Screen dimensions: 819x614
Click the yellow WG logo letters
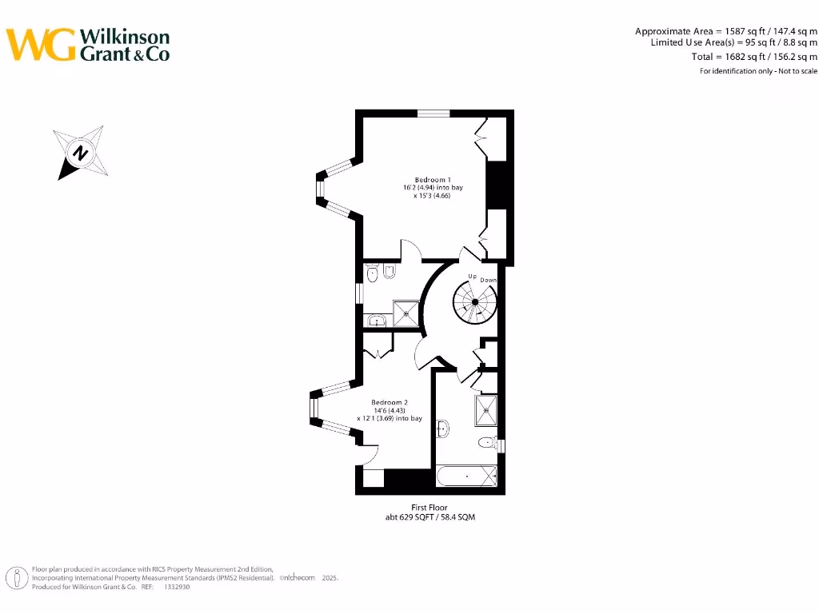41,45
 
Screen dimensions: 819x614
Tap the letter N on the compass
80,153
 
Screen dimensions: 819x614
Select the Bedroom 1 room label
433,180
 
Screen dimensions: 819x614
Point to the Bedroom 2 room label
390,403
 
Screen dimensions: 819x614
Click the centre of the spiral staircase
475,301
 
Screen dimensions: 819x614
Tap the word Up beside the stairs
472,276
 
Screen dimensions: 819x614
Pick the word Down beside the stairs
489,280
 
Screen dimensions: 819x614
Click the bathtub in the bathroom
466,476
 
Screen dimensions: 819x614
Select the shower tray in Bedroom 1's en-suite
406,313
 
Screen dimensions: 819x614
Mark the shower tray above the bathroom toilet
485,411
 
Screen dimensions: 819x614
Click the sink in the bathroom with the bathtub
443,429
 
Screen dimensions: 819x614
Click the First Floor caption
429,507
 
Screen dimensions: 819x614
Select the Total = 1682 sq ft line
754,57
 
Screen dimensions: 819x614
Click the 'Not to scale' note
797,71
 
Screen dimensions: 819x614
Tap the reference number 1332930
177,587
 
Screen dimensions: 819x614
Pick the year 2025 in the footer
330,578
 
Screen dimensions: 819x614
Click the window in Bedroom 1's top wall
433,114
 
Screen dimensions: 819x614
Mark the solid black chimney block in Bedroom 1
497,185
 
